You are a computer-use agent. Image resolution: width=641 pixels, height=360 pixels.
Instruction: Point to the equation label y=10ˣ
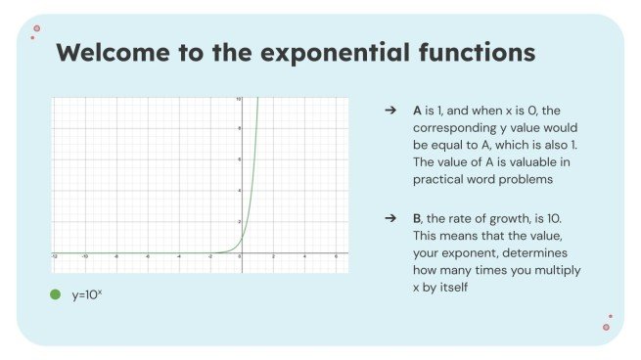pos(86,293)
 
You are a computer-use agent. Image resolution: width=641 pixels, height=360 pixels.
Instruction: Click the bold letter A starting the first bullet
pos(418,112)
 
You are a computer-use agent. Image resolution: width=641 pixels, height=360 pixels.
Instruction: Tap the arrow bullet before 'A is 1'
pos(389,112)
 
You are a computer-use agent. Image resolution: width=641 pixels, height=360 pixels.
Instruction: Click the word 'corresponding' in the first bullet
pos(459,128)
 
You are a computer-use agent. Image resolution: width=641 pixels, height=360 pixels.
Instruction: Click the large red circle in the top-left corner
pos(36,29)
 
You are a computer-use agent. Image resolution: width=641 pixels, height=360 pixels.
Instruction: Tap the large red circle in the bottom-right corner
pos(606,327)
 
